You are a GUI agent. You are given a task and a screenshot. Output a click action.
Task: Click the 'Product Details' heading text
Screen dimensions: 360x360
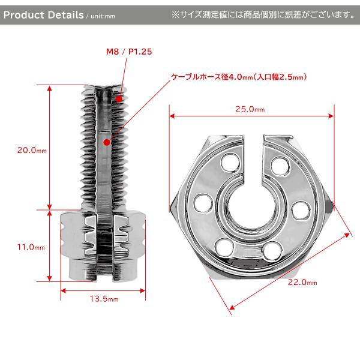(x=43, y=15)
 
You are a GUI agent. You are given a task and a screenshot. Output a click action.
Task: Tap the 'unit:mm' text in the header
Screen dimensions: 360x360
(x=103, y=16)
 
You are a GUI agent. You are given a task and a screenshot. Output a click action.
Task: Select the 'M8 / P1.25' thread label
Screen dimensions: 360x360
(x=129, y=52)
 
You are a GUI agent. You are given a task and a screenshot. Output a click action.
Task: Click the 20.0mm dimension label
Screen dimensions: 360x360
(x=32, y=151)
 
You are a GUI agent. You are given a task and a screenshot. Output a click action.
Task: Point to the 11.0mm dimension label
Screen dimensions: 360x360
(x=31, y=247)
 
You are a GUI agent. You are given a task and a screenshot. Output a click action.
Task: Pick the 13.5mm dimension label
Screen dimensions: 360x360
(x=104, y=299)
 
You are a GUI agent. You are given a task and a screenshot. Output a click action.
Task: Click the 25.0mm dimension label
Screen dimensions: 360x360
(x=250, y=109)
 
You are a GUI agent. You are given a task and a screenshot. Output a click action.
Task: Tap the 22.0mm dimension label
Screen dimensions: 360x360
(x=302, y=282)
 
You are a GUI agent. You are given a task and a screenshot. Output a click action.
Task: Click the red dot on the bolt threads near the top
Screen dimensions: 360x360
(x=119, y=99)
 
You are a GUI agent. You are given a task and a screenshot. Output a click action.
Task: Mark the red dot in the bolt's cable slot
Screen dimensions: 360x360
(x=107, y=143)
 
